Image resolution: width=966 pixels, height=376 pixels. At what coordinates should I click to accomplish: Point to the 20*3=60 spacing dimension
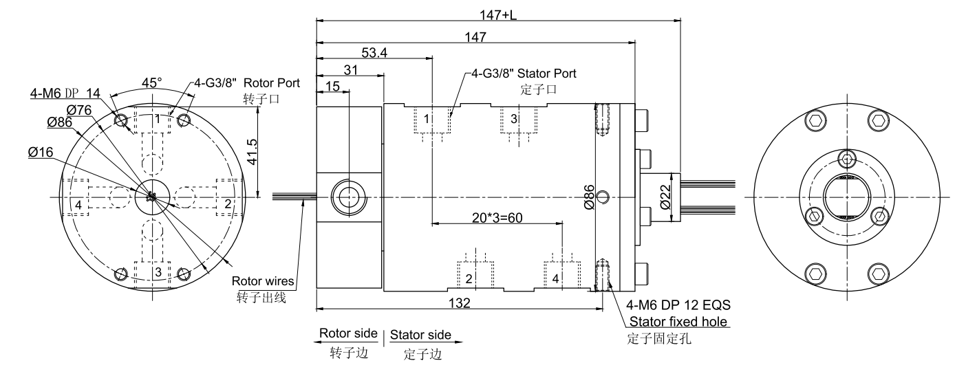496,217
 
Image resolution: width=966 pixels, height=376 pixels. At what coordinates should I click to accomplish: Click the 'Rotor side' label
349,334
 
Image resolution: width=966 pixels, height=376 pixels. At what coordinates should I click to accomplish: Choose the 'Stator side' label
420,335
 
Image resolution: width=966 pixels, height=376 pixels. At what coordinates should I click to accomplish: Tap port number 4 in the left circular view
80,205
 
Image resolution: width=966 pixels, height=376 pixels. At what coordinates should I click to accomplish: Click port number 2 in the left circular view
227,204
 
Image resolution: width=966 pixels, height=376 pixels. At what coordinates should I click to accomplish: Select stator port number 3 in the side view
513,119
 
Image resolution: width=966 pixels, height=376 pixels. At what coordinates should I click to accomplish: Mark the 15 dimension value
332,85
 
